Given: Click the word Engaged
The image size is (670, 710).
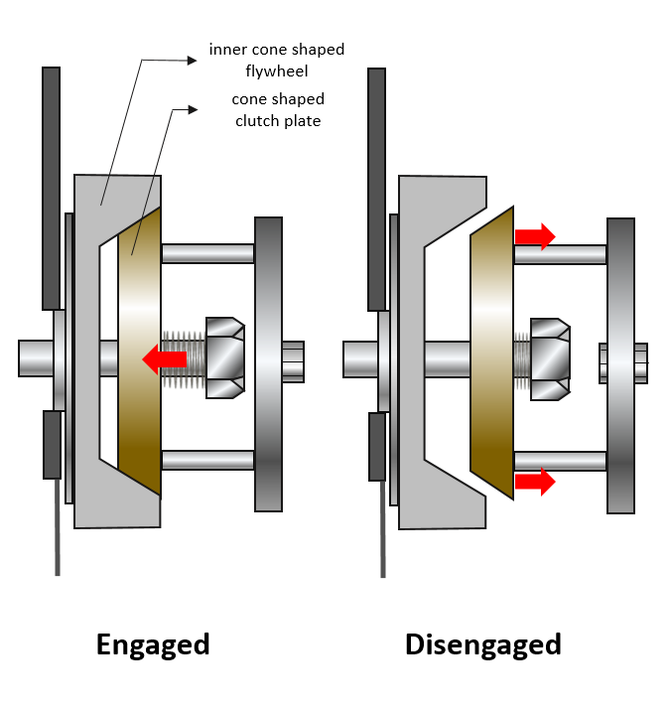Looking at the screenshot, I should pos(153,644).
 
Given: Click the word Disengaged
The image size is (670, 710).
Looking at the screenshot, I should pos(482,644).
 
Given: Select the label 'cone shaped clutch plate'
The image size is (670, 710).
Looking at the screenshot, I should pos(278,109).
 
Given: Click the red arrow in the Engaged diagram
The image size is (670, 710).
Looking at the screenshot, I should pos(165,357).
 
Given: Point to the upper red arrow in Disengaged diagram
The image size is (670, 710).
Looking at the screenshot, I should pos(534,235).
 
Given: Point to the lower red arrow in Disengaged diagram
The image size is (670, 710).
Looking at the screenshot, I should pos(534,483).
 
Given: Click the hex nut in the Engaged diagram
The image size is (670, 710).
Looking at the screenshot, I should pos(225,357).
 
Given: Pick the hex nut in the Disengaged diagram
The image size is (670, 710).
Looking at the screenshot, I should pos(550,358).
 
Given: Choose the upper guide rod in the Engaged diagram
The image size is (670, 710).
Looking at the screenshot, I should pos(207,253).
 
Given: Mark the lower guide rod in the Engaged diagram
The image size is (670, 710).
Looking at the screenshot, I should pos(207,460).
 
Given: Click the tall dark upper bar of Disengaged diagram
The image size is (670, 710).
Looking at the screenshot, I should pos(376,189).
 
